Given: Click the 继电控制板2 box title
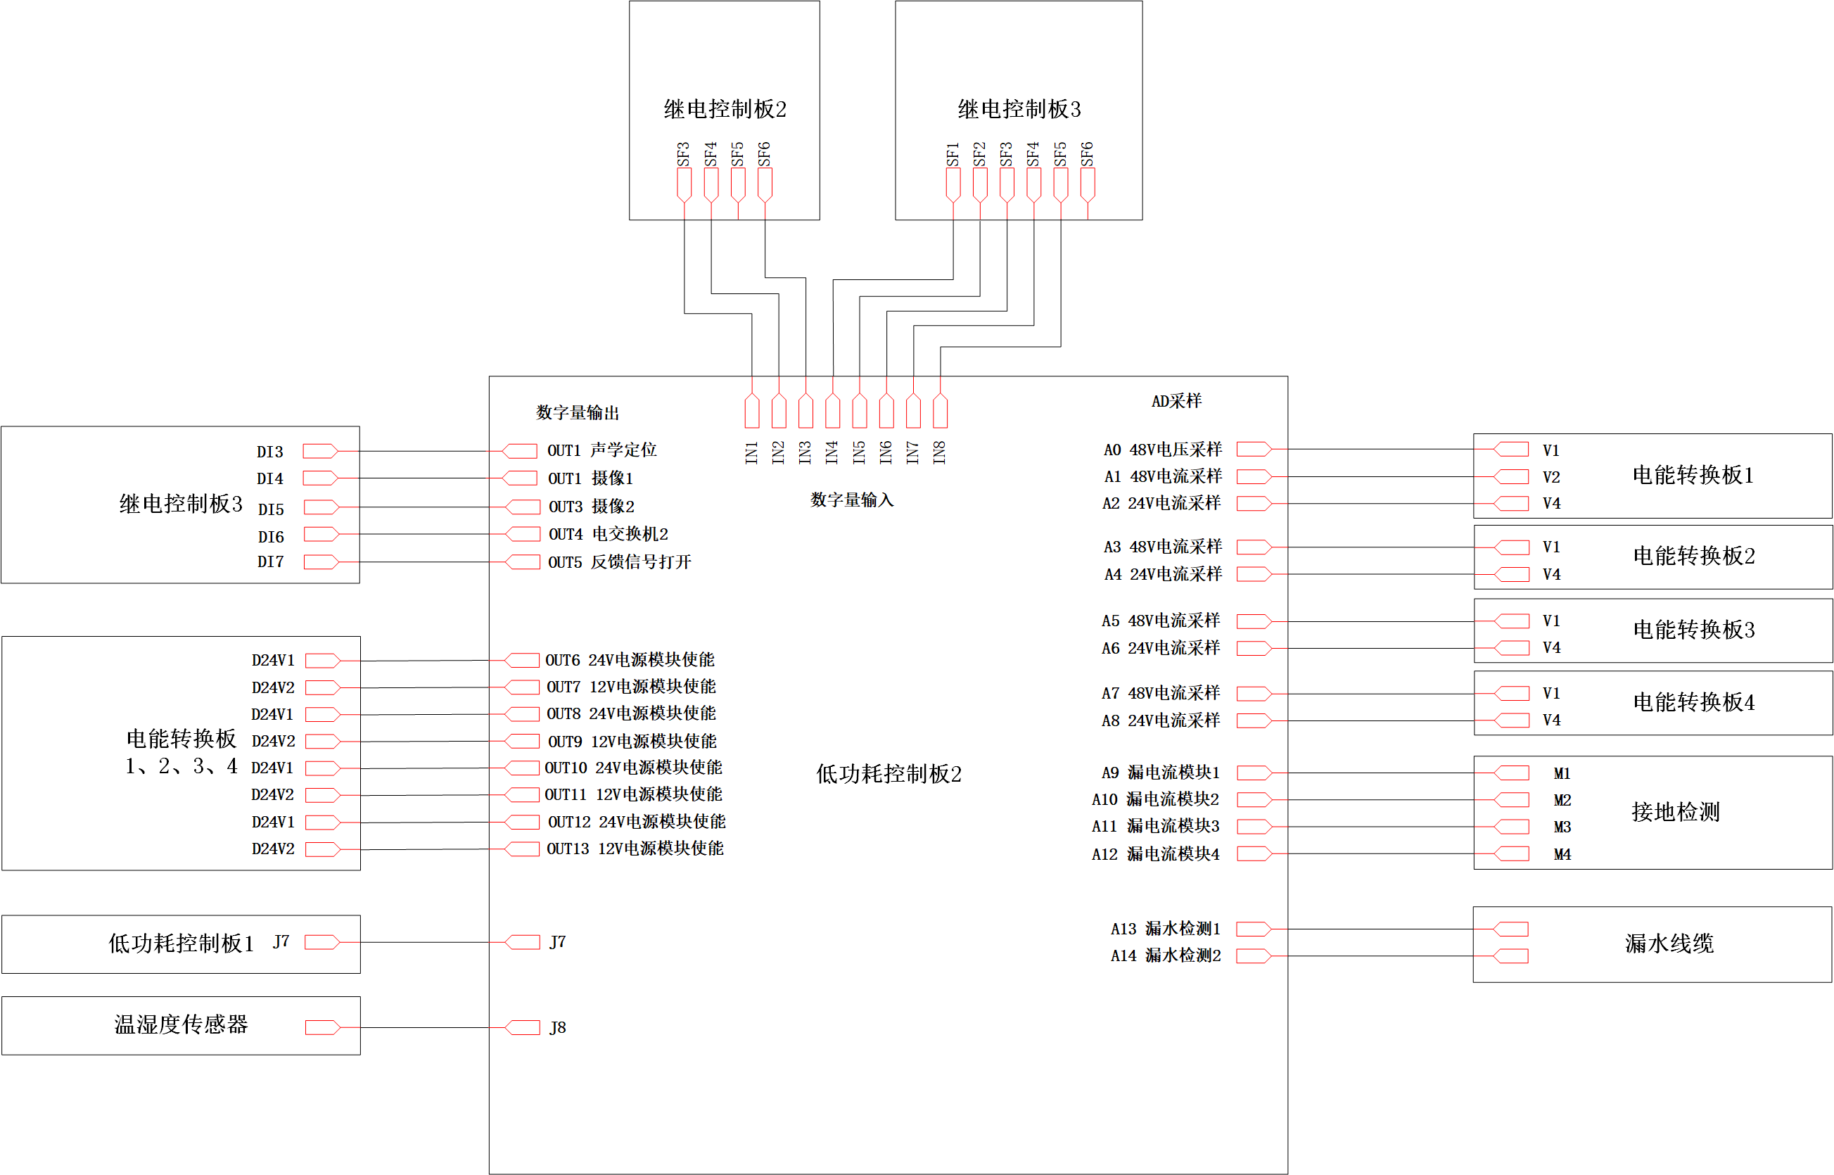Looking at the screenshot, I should point(724,109).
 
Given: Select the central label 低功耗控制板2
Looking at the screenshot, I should point(888,774).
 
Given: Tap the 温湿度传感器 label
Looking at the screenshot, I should point(181,1024).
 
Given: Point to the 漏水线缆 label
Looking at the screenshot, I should point(1669,944).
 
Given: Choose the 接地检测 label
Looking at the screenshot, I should point(1675,812).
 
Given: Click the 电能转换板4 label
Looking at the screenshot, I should point(1693,702).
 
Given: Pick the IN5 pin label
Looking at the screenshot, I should point(859,452).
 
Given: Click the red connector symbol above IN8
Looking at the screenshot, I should point(940,410).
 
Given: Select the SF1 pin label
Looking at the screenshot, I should point(953,154).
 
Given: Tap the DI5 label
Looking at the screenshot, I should point(271,509).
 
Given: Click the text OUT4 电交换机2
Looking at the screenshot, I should point(608,534).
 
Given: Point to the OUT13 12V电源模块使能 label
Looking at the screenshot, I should point(635,849).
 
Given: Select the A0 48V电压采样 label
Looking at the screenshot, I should point(1162,450).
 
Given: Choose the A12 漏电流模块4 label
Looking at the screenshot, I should point(1155,853).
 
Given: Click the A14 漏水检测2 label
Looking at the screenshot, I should point(1165,955).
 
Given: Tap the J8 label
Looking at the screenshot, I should point(558,1028).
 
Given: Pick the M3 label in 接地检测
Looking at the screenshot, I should point(1562,827).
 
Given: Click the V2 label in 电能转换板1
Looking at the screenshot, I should point(1551,477).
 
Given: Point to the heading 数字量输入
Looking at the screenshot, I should point(851,500).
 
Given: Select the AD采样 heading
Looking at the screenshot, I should point(1176,400).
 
